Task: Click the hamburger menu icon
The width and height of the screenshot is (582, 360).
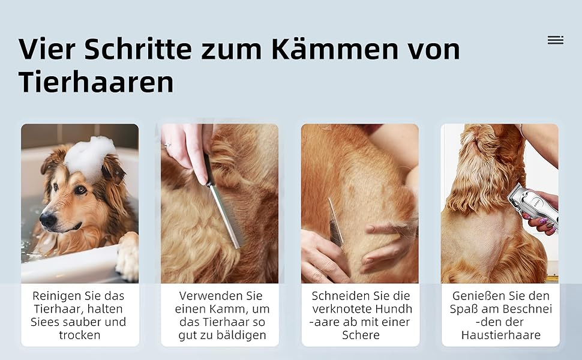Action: tap(556, 40)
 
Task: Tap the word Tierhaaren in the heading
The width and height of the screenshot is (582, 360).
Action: tap(96, 82)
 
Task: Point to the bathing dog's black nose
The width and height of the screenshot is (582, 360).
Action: tap(48, 220)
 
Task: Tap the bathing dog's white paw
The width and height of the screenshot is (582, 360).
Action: tap(128, 257)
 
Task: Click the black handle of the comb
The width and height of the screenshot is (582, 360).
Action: tap(208, 169)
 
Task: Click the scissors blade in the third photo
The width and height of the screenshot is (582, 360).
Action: tap(335, 223)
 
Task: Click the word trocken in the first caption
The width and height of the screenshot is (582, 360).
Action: tap(80, 335)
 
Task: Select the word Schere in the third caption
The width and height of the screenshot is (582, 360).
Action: tap(361, 335)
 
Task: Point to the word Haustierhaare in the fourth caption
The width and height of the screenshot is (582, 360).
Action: tap(501, 335)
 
